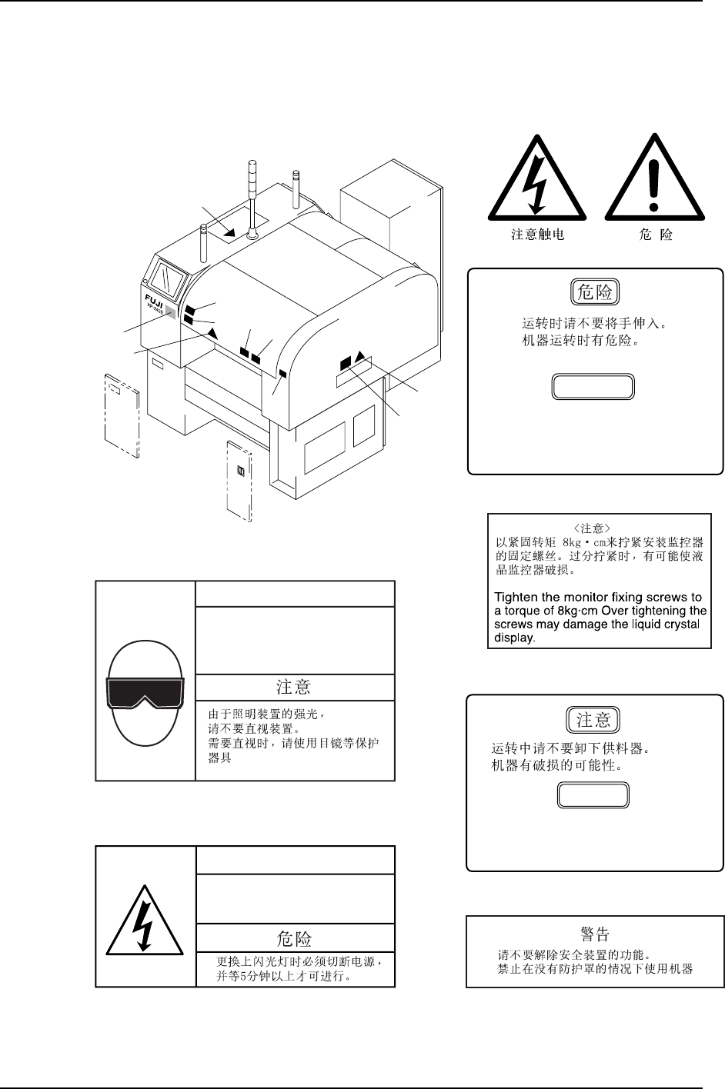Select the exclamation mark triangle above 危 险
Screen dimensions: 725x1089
click(654, 182)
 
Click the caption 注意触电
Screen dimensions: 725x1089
click(538, 235)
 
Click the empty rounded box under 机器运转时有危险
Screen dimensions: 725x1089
click(593, 386)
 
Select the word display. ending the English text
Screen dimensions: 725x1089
click(514, 638)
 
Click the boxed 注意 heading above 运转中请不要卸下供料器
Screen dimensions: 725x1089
click(593, 720)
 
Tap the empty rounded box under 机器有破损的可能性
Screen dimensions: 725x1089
click(593, 795)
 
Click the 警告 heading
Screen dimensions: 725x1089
click(595, 934)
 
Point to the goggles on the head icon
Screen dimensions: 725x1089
click(146, 692)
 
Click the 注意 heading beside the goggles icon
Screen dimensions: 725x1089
click(294, 686)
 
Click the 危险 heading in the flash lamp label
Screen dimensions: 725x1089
click(294, 938)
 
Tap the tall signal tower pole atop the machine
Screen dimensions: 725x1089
click(251, 196)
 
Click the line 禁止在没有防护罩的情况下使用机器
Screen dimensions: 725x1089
click(595, 968)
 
